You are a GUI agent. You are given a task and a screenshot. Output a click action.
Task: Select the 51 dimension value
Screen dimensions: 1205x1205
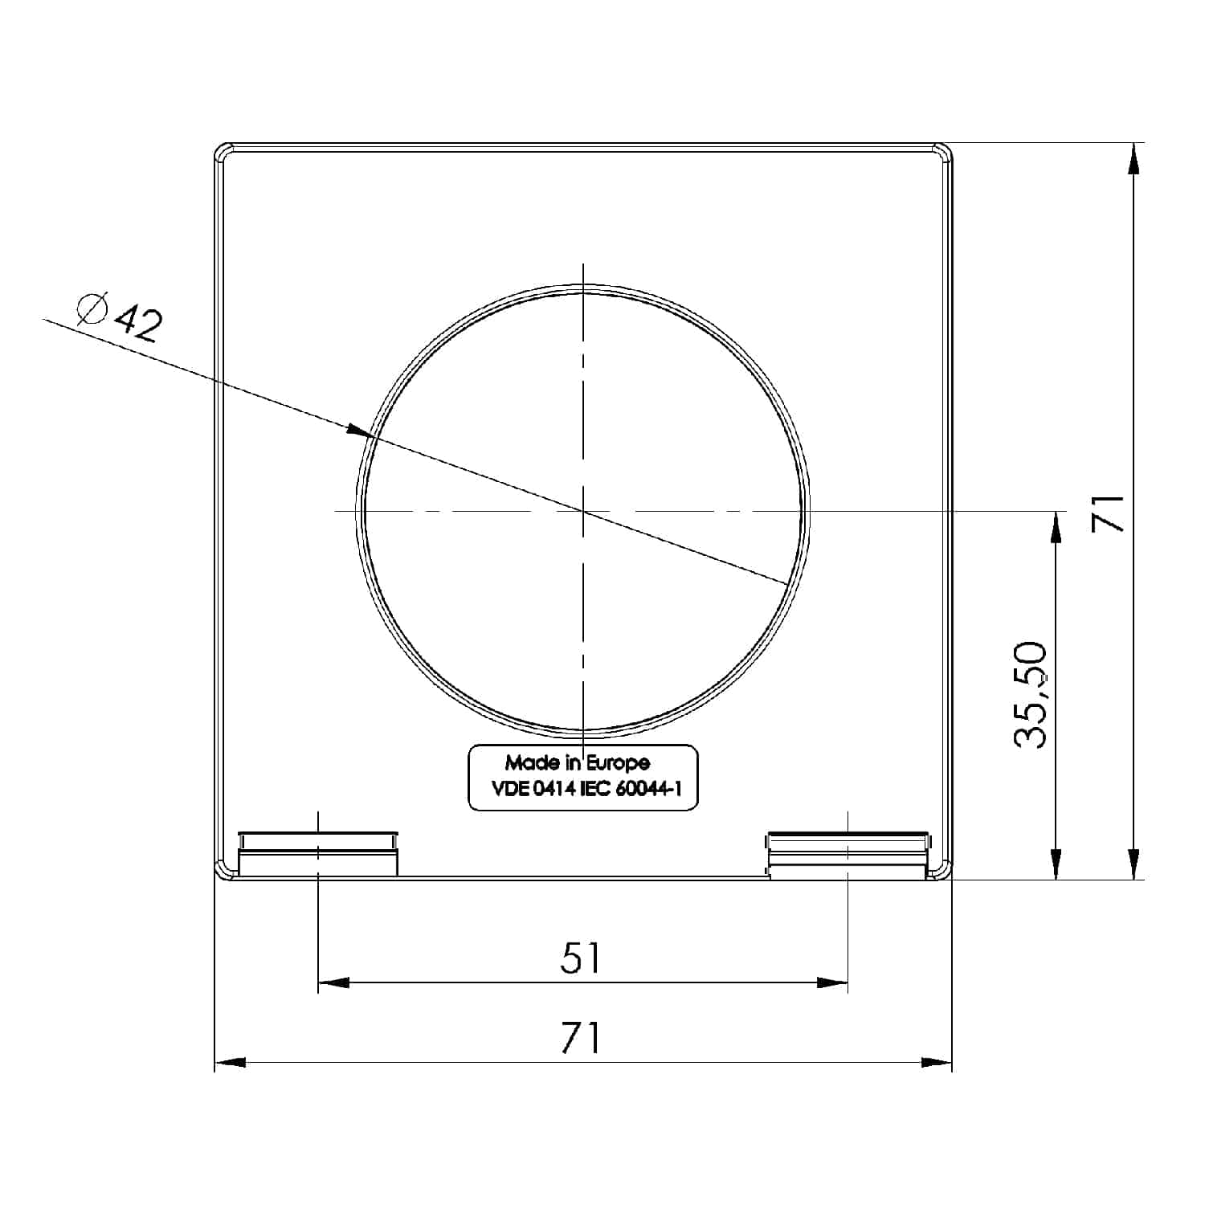point(580,958)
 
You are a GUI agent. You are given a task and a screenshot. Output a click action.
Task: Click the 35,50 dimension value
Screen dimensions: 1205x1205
point(1031,695)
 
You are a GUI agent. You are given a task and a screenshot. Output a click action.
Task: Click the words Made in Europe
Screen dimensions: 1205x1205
point(577,762)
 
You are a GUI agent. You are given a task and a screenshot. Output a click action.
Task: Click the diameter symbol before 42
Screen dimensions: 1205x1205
point(92,309)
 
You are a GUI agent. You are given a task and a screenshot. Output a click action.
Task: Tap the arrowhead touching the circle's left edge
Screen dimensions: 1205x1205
point(360,431)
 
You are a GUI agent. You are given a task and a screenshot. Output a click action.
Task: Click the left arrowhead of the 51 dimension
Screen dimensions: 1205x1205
point(333,982)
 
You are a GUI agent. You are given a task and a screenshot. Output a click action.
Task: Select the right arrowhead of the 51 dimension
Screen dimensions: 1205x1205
point(832,982)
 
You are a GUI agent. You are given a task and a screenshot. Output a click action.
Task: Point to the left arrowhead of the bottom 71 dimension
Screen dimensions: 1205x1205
point(230,1062)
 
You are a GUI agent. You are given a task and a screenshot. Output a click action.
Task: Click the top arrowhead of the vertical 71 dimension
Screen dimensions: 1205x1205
point(1134,158)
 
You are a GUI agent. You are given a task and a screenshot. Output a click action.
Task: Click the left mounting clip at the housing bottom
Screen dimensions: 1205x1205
point(318,853)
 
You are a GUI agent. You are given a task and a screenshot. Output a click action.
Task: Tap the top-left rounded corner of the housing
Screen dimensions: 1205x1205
point(223,153)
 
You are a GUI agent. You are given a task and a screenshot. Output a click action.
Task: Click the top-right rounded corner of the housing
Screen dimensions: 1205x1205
point(944,153)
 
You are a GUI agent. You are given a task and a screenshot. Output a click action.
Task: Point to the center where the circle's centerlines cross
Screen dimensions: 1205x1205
point(583,510)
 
